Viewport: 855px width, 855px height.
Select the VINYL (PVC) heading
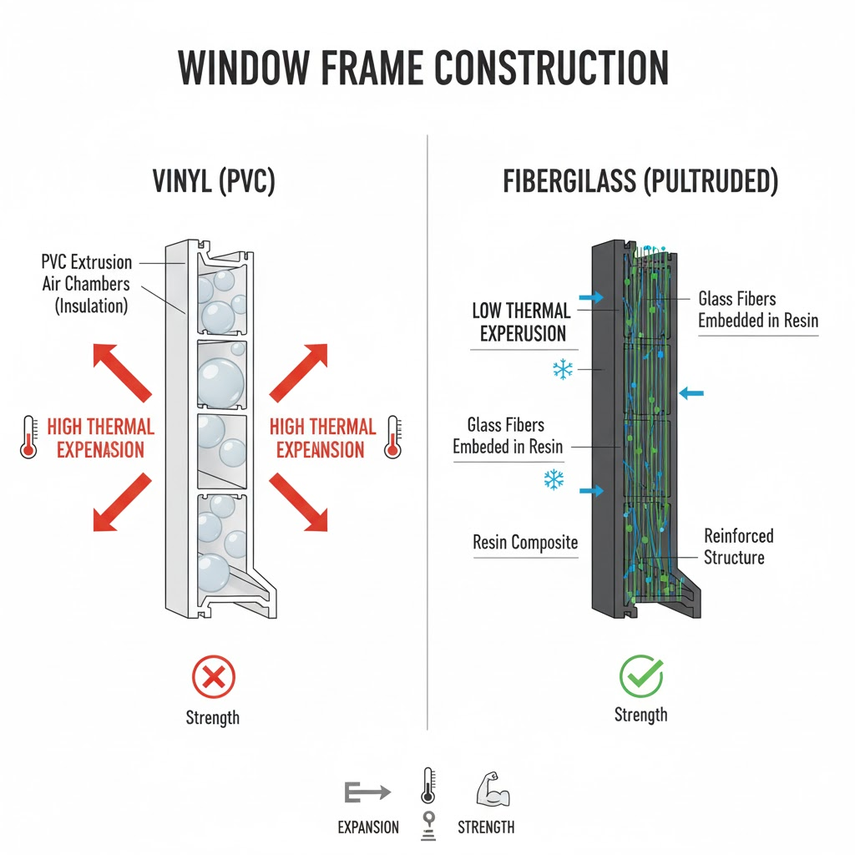pos(213,182)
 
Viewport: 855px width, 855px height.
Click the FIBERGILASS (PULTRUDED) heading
pos(640,182)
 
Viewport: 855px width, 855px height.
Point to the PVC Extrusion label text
pos(87,262)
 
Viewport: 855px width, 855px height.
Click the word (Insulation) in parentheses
pos(91,306)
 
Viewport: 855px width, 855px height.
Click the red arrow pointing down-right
pos(298,503)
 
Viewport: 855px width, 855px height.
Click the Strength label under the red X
pos(213,717)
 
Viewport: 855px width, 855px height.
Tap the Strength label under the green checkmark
pos(641,715)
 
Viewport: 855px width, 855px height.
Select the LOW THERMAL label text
pos(521,311)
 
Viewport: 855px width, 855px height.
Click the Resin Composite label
pos(525,543)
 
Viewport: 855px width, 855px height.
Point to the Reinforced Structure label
pos(738,546)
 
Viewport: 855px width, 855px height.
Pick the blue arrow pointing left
pos(692,392)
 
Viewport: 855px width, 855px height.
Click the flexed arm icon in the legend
pos(492,788)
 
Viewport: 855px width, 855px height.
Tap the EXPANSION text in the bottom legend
pos(368,827)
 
